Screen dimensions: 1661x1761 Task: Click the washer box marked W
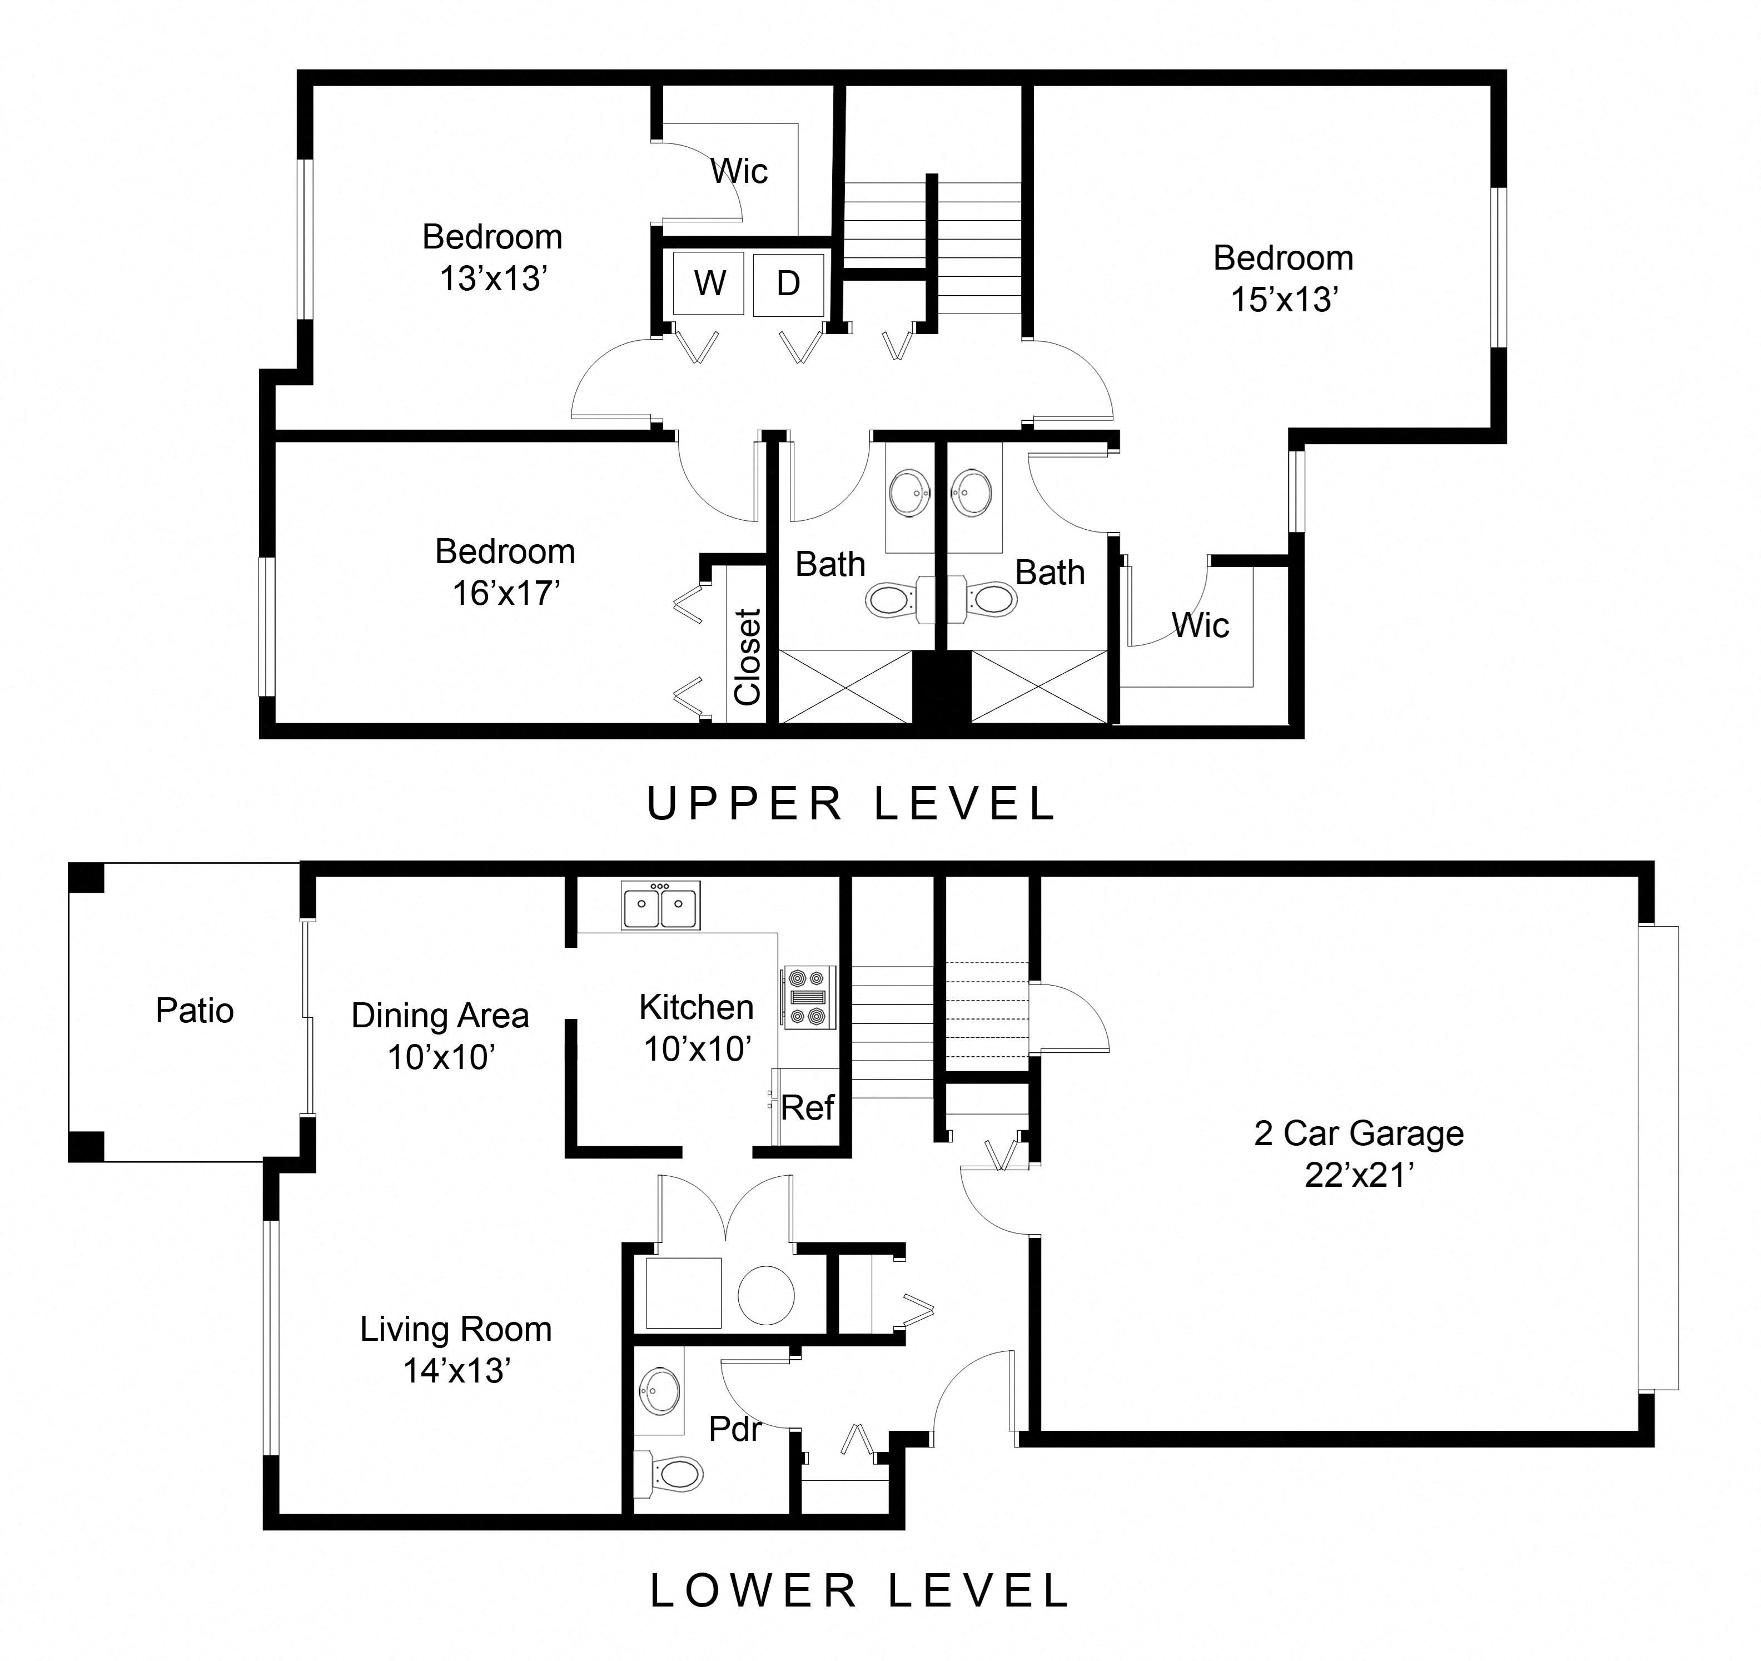[x=709, y=284]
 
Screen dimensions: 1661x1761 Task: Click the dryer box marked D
[x=788, y=284]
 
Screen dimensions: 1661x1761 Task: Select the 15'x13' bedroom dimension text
[x=1284, y=300]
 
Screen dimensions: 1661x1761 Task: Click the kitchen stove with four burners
[x=807, y=997]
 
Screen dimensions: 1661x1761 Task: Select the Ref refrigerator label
[x=807, y=1107]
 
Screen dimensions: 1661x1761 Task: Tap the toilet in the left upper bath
[x=888, y=600]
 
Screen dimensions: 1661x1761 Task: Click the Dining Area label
[x=440, y=1015]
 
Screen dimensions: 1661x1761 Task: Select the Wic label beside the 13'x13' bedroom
[x=739, y=171]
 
